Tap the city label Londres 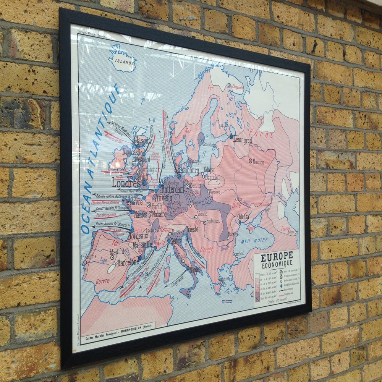125,182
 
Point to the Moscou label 257,162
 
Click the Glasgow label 142,140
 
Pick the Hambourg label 188,170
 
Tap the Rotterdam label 173,189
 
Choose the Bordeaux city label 138,236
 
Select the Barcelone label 128,263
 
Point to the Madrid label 117,252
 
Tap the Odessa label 243,216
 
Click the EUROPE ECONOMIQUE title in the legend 277,259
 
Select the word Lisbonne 89,257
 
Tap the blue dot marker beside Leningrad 231,136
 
